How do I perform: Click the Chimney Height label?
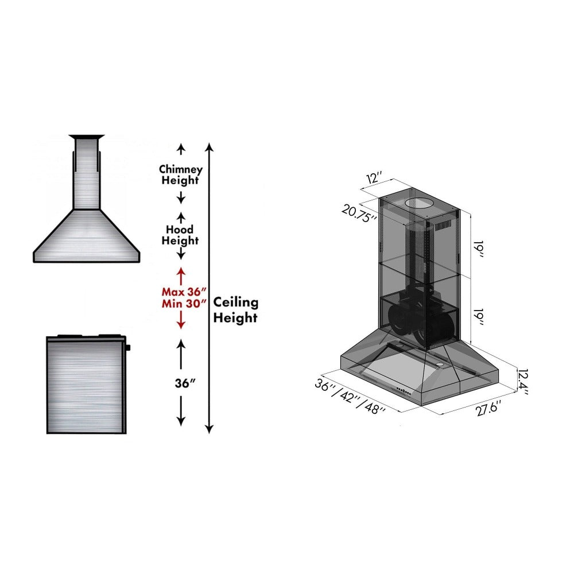180,174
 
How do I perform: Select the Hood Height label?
180,235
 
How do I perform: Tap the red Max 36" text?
184,291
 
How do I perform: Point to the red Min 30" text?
184,304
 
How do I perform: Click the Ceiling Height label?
236,310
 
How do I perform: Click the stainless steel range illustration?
86,384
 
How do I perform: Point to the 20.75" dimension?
360,213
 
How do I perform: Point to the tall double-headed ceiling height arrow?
210,287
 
